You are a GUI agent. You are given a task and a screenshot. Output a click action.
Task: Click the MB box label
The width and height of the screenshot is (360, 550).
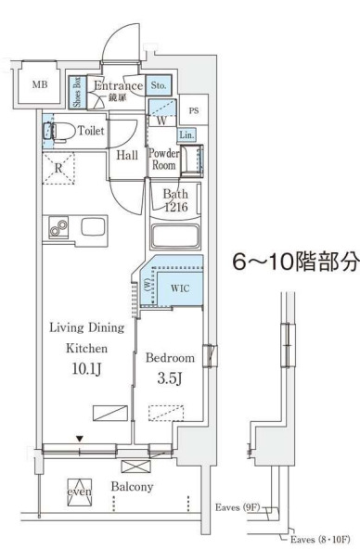click(x=39, y=85)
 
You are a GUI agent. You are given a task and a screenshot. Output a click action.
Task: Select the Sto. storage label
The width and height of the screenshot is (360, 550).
click(x=159, y=86)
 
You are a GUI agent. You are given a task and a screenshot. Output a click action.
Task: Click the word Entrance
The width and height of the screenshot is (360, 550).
click(x=117, y=86)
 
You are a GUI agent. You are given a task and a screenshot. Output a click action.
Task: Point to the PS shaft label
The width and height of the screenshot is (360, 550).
click(x=193, y=111)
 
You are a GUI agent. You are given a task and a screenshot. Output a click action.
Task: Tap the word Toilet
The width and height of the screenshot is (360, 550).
click(x=91, y=132)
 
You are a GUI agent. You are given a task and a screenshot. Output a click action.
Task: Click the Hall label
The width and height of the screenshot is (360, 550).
click(x=127, y=155)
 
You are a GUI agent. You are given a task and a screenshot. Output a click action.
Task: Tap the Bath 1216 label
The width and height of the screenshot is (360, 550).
click(x=175, y=201)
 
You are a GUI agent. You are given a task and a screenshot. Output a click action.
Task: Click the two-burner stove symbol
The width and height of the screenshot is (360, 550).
click(x=58, y=226)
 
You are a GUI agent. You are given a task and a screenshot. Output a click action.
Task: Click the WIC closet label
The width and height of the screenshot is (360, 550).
click(x=179, y=287)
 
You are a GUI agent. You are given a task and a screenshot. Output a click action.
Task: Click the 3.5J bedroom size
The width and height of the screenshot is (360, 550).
click(x=169, y=378)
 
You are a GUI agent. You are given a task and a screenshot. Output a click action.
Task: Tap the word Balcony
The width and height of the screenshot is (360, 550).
click(x=133, y=486)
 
